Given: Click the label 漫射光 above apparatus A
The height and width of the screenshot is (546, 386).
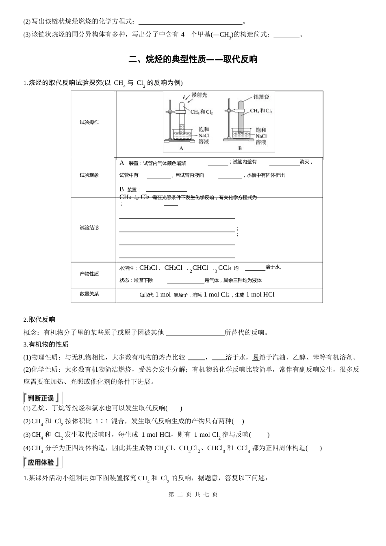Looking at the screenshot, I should tap(199, 95).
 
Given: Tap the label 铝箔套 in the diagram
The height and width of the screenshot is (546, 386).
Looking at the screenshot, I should tap(261, 97).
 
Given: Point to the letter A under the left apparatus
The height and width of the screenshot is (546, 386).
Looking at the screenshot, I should tap(181, 148).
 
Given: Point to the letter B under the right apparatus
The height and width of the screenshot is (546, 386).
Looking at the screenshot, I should tap(240, 148).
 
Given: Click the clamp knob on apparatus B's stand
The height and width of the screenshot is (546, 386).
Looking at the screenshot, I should tap(229, 110).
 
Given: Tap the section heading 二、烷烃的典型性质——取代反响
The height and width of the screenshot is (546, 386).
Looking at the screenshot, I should tap(193, 59).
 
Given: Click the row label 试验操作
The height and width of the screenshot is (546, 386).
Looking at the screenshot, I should tap(89, 122).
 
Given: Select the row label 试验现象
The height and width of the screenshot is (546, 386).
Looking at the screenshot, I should tap(89, 175).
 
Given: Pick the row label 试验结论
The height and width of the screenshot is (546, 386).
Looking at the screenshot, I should tap(89, 227).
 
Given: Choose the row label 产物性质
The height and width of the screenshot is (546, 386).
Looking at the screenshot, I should tap(89, 274).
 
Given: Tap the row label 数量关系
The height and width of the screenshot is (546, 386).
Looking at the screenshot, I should tap(89, 294).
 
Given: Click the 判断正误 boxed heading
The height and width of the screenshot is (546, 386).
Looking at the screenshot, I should tap(42, 398).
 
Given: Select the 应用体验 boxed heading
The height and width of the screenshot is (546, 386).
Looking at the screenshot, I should tap(42, 462).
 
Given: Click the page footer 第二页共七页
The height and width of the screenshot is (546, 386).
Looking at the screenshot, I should tap(193, 494).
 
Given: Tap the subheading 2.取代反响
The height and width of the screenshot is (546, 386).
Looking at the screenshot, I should tap(39, 319).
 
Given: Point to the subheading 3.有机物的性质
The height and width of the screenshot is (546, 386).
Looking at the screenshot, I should tap(46, 344).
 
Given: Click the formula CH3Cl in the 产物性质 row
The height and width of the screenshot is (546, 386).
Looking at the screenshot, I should tap(148, 268).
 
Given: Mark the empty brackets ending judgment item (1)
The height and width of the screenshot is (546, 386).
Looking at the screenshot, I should tap(174, 408).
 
